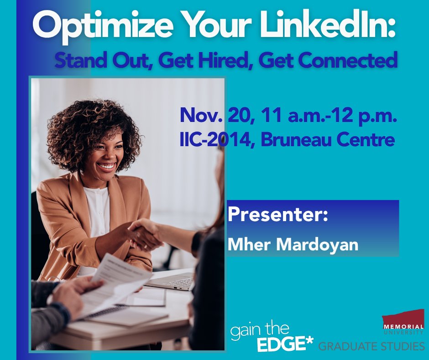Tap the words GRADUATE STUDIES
[371, 346]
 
